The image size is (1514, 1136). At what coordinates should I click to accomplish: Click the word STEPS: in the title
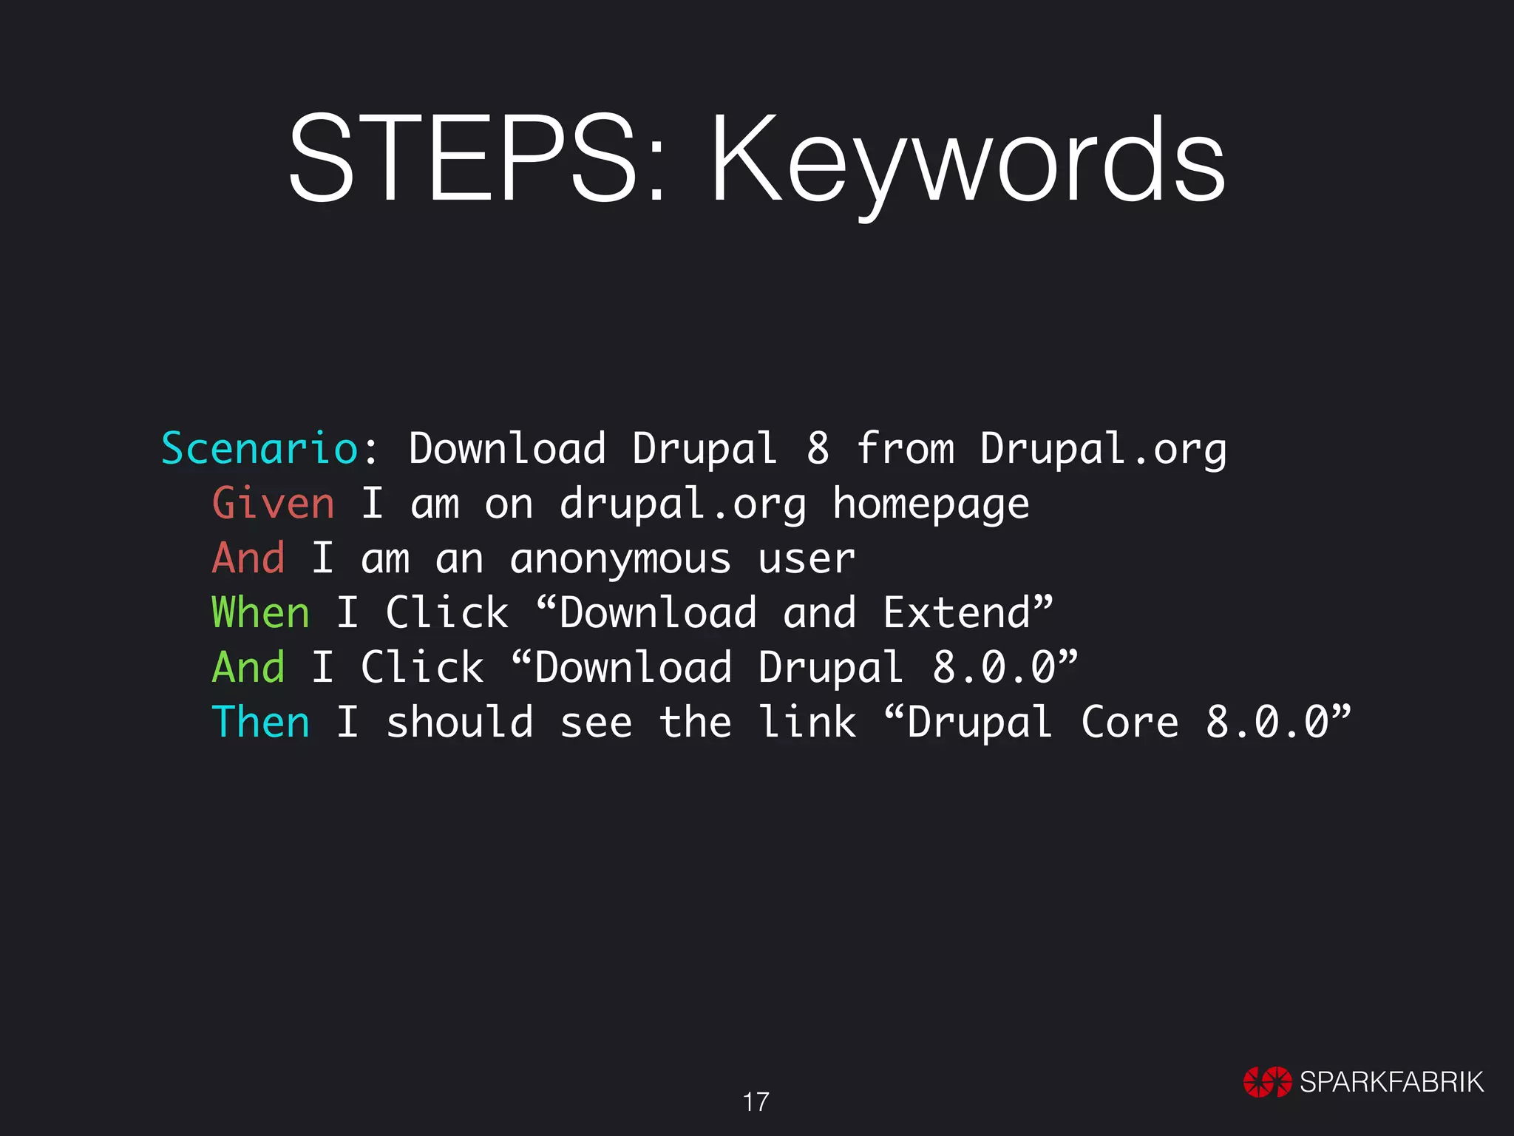pyautogui.click(x=477, y=159)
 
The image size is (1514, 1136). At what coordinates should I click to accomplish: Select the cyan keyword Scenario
pyautogui.click(x=259, y=449)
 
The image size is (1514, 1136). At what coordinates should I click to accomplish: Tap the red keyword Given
pyautogui.click(x=273, y=504)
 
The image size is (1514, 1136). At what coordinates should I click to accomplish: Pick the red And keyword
pyautogui.click(x=248, y=558)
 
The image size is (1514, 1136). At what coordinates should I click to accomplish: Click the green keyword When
pyautogui.click(x=260, y=613)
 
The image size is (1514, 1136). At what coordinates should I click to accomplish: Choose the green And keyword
pyautogui.click(x=248, y=667)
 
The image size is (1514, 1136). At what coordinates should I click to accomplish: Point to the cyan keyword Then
pyautogui.click(x=260, y=722)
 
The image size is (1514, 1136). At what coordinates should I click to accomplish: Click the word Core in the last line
pyautogui.click(x=1130, y=722)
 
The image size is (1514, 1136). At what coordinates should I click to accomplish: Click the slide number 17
pyautogui.click(x=756, y=1102)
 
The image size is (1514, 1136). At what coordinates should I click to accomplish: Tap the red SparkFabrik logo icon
pyautogui.click(x=1266, y=1082)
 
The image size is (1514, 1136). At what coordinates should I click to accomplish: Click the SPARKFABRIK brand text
pyautogui.click(x=1391, y=1082)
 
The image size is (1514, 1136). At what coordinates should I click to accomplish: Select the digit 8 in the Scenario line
pyautogui.click(x=818, y=449)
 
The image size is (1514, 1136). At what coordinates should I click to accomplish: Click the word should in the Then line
pyautogui.click(x=459, y=722)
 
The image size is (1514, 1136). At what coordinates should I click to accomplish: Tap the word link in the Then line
pyautogui.click(x=808, y=722)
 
